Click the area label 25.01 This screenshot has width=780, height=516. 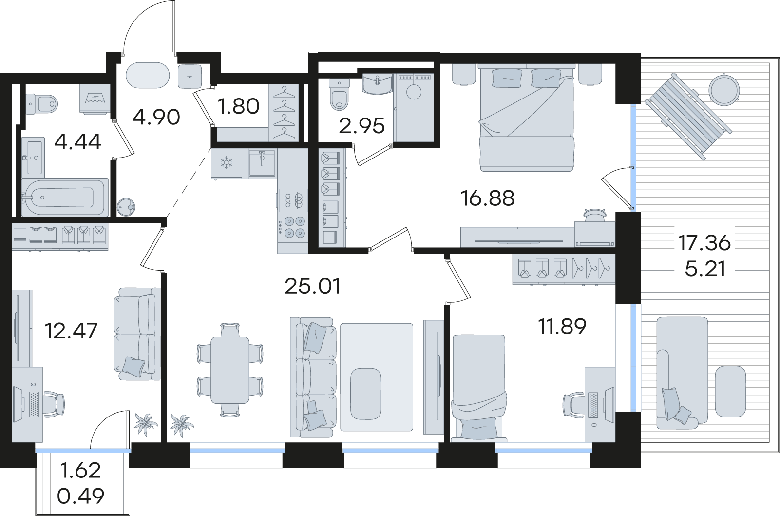pyautogui.click(x=312, y=287)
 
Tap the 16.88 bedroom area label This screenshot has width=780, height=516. pyautogui.click(x=487, y=198)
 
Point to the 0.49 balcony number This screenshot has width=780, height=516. pyautogui.click(x=80, y=496)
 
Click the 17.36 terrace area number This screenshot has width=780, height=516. pyautogui.click(x=704, y=243)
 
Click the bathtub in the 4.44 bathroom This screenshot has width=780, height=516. pyautogui.click(x=65, y=198)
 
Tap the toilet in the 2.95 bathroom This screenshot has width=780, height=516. pyautogui.click(x=339, y=94)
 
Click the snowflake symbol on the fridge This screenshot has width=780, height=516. pyautogui.click(x=228, y=162)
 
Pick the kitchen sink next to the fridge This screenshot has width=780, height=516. pyautogui.click(x=262, y=163)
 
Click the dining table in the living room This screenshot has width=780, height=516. pyautogui.click(x=230, y=370)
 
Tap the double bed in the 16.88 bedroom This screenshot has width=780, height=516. pyautogui.click(x=527, y=118)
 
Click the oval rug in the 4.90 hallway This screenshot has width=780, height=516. pyautogui.click(x=148, y=75)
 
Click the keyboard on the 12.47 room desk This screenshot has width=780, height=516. pyautogui.click(x=35, y=404)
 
